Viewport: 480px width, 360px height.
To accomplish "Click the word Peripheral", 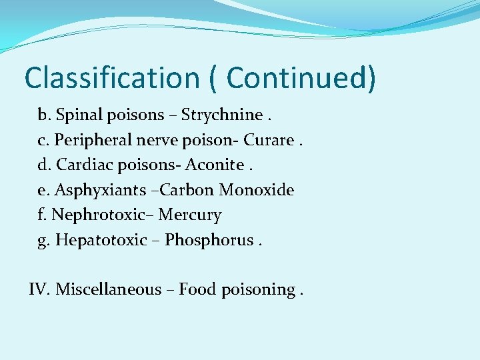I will [93, 141].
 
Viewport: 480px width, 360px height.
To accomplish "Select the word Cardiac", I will [83, 165].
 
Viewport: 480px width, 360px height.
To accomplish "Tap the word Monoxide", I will [257, 190].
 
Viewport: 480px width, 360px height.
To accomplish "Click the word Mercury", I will [190, 215].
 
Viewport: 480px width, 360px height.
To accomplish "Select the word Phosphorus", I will [209, 240].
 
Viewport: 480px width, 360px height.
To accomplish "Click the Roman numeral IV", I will [39, 289].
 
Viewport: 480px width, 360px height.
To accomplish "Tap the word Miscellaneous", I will [109, 289].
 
